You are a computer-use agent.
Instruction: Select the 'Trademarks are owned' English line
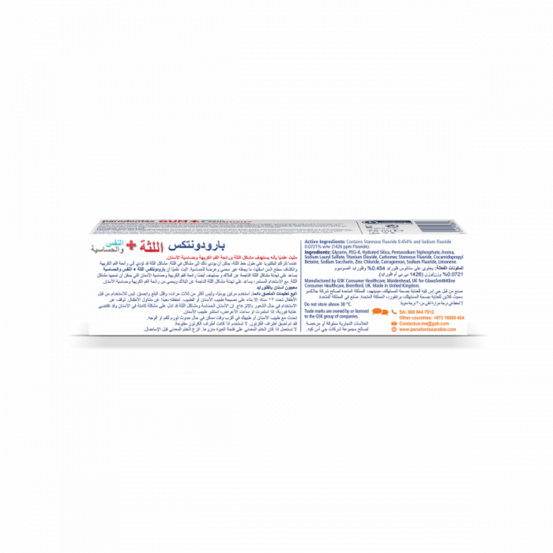[x=332, y=313]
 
